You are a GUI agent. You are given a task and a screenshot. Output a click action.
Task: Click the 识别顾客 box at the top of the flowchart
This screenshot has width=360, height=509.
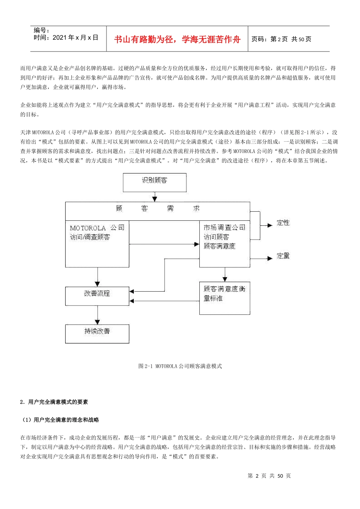tap(155, 182)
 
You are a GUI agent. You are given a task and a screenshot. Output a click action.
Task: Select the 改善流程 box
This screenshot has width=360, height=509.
tap(97, 296)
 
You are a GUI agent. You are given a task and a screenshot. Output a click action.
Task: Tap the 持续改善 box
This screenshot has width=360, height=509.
tap(97, 333)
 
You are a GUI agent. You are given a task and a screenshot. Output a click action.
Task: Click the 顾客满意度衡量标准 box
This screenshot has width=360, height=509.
tap(224, 298)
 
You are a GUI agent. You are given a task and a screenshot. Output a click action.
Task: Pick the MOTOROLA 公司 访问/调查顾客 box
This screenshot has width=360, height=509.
tap(97, 244)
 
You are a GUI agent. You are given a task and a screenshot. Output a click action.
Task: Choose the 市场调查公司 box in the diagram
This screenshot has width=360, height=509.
tap(224, 244)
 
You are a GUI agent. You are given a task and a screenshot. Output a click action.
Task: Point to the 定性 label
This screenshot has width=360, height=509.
tap(283, 223)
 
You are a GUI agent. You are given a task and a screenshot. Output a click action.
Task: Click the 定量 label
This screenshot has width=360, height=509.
tap(283, 256)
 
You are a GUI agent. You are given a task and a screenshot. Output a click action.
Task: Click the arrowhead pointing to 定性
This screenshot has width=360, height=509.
tap(270, 225)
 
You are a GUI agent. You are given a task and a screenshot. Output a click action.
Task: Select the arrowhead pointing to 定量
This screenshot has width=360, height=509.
tap(270, 258)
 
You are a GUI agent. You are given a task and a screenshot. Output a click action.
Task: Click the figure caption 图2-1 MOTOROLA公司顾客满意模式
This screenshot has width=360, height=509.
tap(180, 366)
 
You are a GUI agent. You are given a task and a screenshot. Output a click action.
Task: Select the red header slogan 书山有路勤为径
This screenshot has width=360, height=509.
tap(177, 39)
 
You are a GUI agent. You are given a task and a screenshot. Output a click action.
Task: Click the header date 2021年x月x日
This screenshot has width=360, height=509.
tap(66, 37)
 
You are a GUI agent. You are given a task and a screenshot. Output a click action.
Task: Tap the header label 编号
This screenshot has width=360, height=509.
tap(41, 30)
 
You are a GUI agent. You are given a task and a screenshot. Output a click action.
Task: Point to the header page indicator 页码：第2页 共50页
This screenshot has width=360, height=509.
tap(281, 39)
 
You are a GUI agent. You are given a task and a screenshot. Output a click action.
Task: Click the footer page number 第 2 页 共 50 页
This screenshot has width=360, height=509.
tap(269, 476)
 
